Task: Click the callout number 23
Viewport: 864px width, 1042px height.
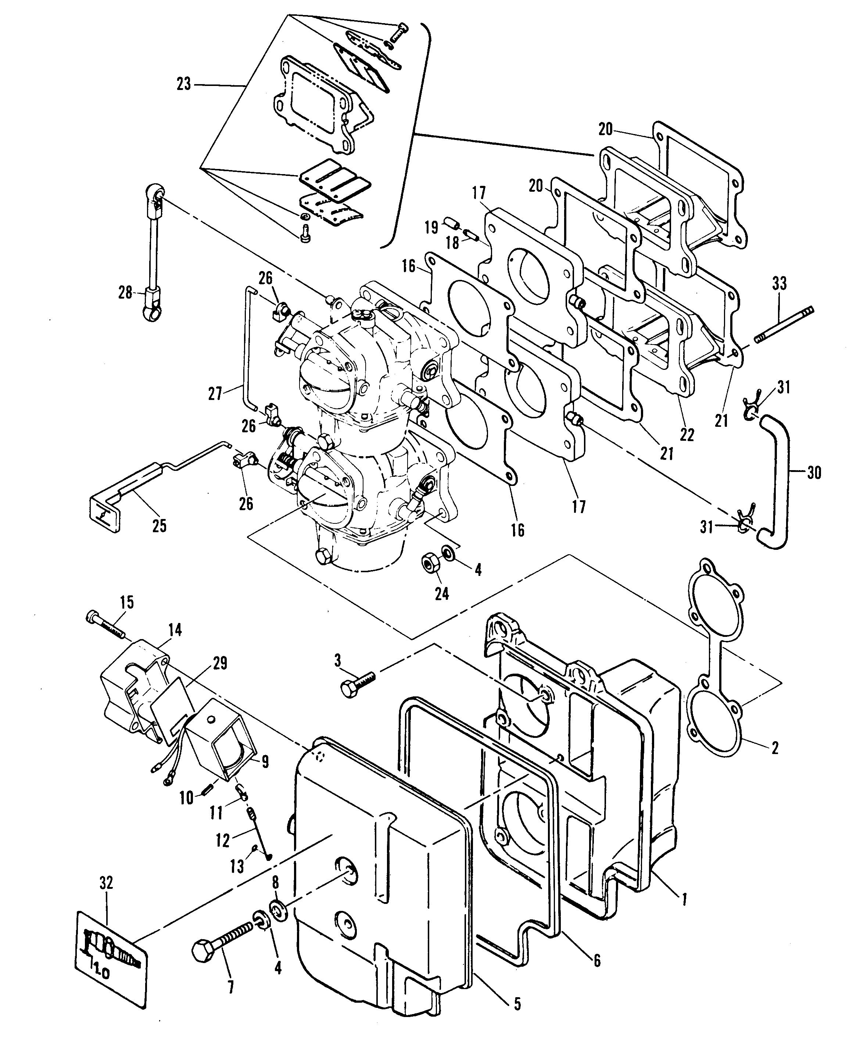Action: coord(184,84)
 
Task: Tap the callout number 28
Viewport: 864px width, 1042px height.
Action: coord(125,293)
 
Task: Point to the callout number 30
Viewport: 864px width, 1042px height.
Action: coord(813,472)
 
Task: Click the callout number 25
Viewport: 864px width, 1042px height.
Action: coord(159,526)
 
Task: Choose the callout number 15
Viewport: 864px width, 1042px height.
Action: coord(127,602)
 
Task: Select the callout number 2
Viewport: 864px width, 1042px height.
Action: coord(775,747)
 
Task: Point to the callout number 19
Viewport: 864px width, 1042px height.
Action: coord(431,227)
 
